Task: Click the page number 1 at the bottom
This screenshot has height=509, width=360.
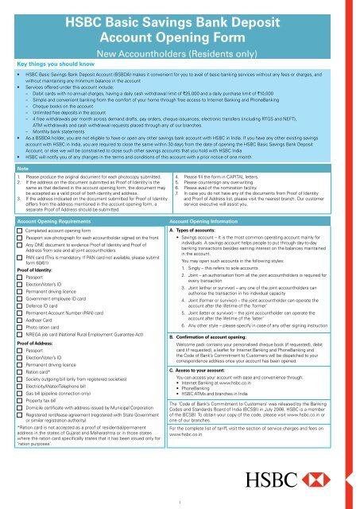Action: (x=180, y=501)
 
